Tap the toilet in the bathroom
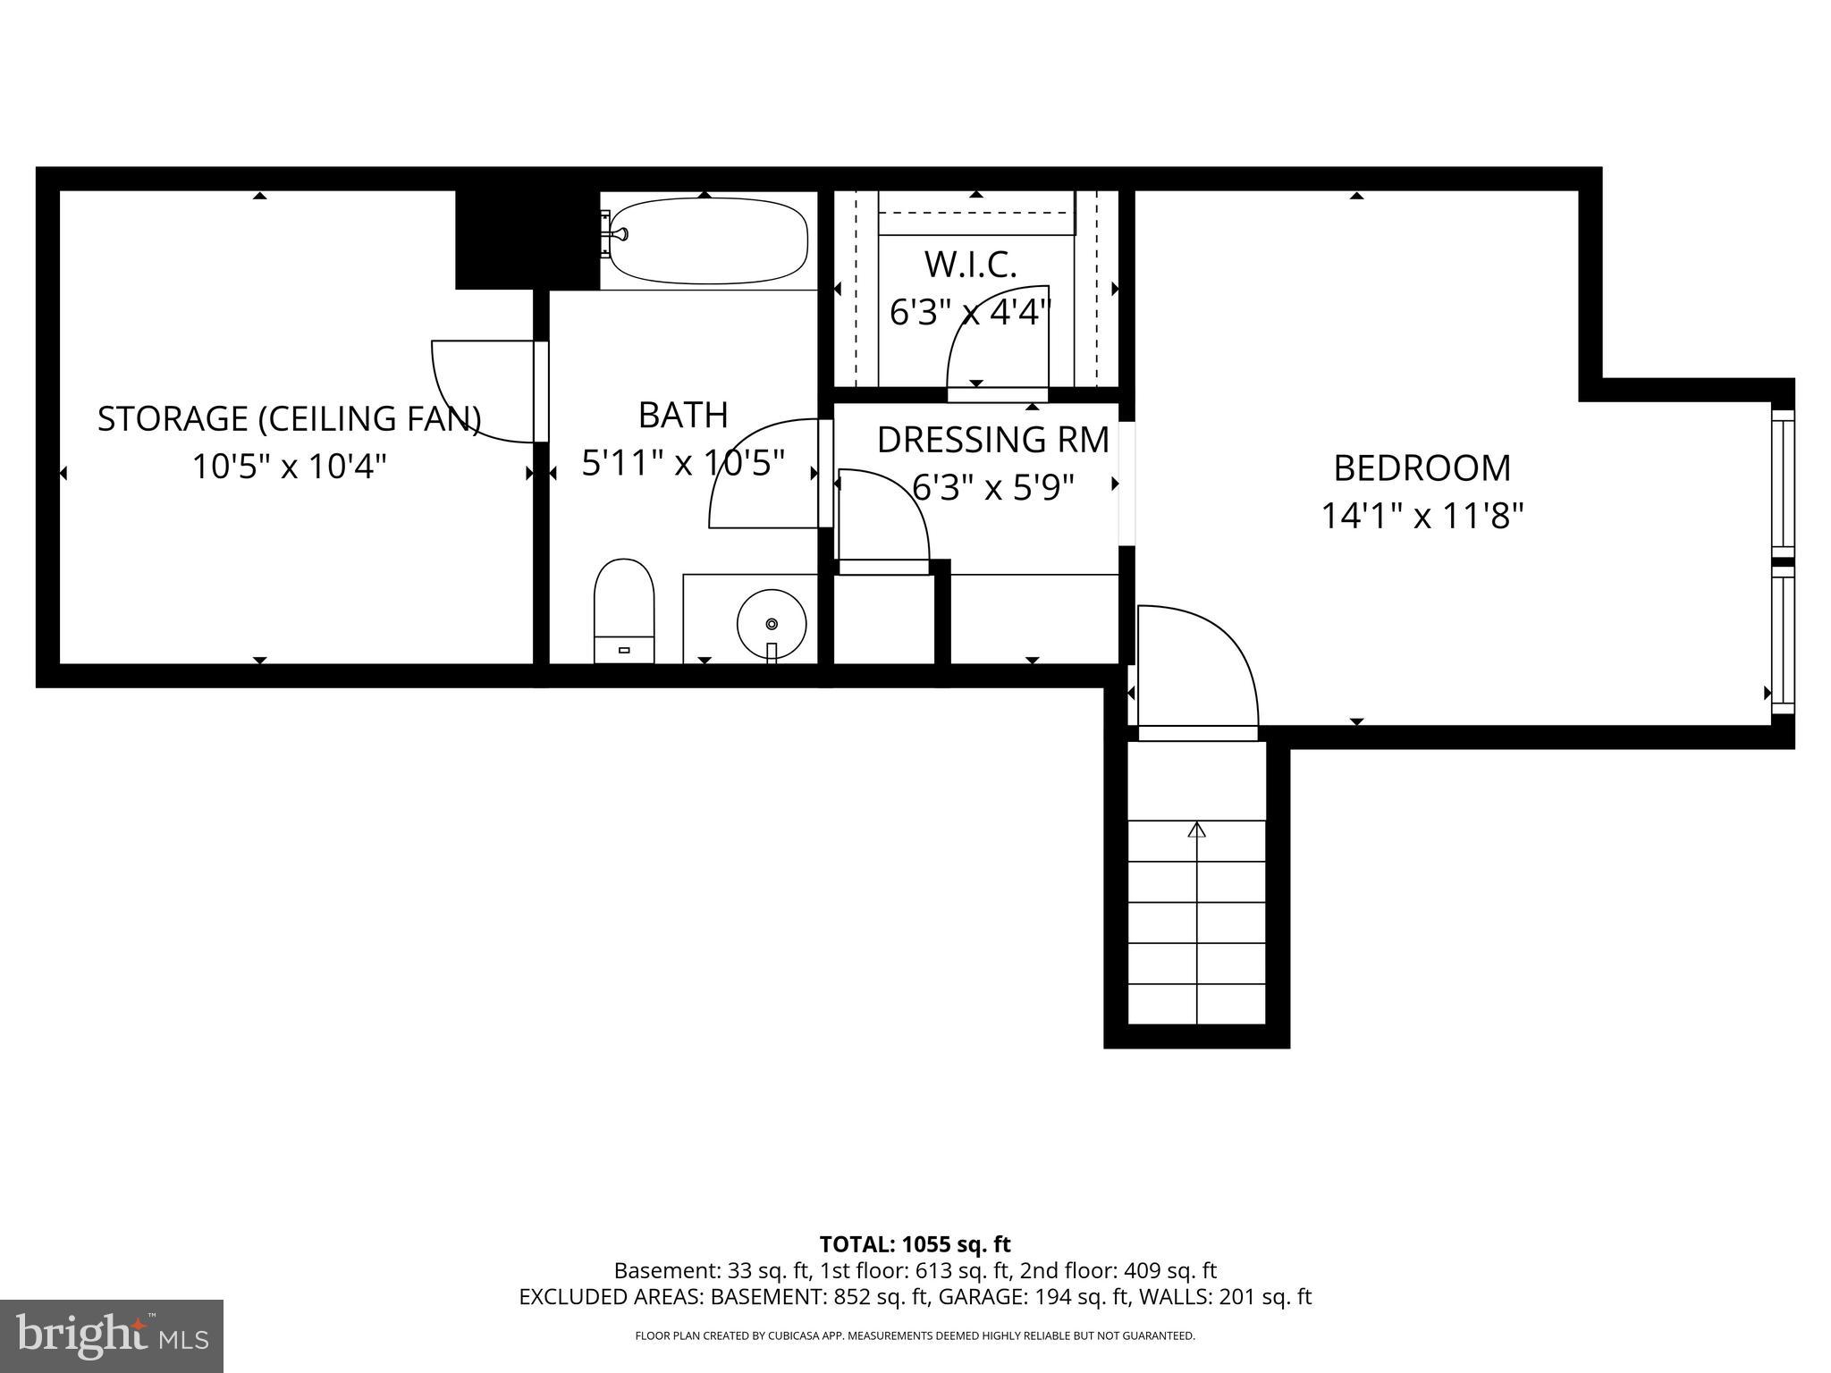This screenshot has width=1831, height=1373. pos(624,611)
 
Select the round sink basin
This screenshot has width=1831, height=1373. pos(772,623)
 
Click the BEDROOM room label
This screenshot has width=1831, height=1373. pos(1422,468)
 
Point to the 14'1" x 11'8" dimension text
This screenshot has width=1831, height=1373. pos(1422,516)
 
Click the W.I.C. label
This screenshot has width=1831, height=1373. pos(970,265)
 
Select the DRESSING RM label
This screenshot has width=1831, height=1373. pos(992,440)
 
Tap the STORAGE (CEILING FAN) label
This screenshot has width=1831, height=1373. pos(289,418)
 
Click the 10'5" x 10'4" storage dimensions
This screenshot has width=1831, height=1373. pos(289,467)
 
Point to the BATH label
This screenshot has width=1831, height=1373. pos(683,415)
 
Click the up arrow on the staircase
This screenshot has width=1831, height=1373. pos(1196,830)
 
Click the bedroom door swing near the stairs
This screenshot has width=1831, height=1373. pos(1198,666)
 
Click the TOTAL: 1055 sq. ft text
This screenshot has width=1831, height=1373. pos(915,1244)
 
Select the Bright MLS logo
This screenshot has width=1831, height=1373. pos(111,1335)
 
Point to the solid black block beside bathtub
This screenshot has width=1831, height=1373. pos(526,240)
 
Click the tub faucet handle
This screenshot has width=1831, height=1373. pos(616,234)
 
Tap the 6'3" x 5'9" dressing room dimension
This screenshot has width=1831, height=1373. pos(992,487)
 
